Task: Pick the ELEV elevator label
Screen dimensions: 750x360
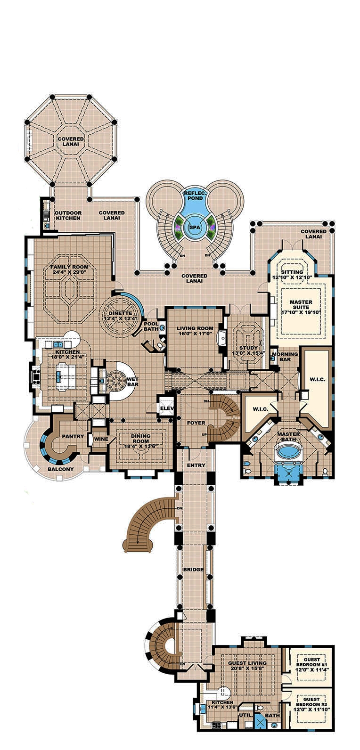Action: (166, 408)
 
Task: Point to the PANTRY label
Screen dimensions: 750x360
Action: (73, 437)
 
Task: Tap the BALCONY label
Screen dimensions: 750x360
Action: (60, 469)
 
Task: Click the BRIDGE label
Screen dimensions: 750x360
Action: (194, 570)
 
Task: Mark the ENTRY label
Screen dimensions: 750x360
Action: (196, 465)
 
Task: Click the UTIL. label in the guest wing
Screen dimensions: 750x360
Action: (245, 728)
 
